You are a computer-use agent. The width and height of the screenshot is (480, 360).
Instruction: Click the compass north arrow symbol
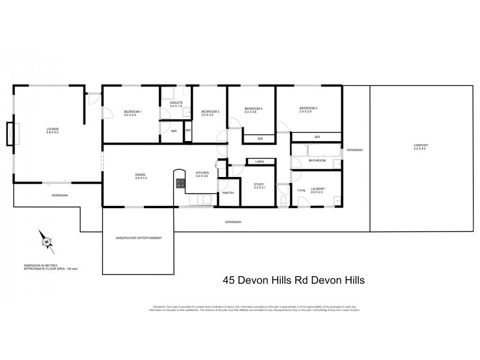point(46,242)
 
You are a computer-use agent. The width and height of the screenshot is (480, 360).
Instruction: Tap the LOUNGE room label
point(53,128)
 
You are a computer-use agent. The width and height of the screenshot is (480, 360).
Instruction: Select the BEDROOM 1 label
point(133,111)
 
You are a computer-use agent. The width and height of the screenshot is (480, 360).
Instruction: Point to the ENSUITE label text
point(176,103)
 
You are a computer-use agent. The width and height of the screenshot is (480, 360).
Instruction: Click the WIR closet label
point(173,130)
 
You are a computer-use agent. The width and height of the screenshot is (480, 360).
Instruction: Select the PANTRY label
point(227,193)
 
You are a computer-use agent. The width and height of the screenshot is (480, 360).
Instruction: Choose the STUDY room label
point(259,185)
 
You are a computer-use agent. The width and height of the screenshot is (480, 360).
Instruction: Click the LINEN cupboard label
point(259,162)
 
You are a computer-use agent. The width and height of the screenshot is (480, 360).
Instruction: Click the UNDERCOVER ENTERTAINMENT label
point(139,238)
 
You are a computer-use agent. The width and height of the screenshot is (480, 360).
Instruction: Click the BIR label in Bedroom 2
point(317,137)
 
